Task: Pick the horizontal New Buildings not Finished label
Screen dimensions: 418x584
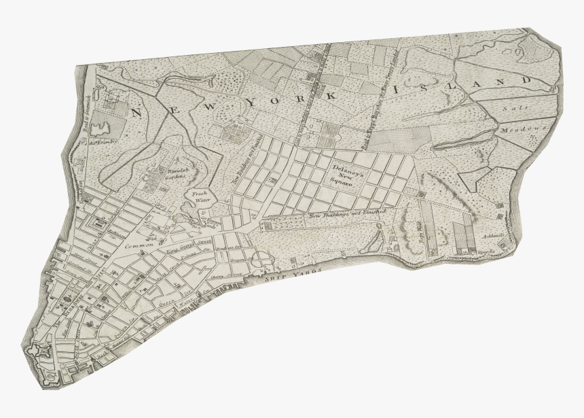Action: point(346,214)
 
